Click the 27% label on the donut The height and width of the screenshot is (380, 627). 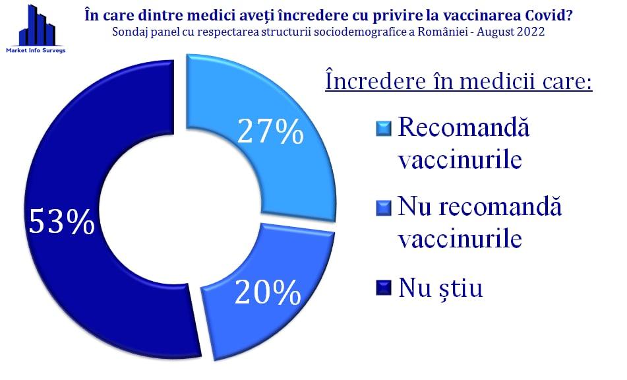[x=271, y=131]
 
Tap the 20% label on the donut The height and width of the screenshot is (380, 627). [x=268, y=292]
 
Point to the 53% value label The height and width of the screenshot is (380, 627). [x=62, y=221]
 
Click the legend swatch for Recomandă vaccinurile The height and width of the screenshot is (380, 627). [x=384, y=129]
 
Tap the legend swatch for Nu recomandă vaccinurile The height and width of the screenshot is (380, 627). [x=384, y=208]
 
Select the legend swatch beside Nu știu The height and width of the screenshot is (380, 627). [x=384, y=288]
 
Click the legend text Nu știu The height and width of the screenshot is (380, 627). [x=440, y=288]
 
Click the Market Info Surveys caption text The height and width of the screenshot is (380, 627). [x=36, y=50]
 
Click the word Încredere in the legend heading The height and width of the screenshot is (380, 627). [x=375, y=80]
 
